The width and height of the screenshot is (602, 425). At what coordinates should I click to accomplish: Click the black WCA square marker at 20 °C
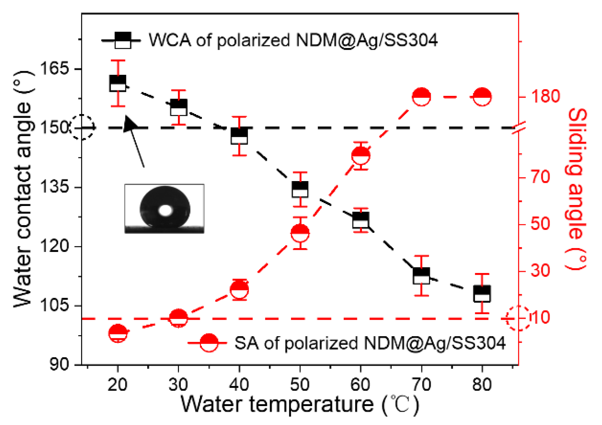pos(118,83)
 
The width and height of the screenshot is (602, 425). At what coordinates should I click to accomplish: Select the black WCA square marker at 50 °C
pos(300,189)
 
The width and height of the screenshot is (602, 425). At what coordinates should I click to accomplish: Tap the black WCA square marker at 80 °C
pos(482,294)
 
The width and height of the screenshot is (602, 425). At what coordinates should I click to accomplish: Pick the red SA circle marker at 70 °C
pos(421,97)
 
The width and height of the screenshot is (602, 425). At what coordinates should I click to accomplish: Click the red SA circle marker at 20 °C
pos(118,333)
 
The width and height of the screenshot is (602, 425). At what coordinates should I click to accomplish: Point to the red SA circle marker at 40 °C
pos(239,290)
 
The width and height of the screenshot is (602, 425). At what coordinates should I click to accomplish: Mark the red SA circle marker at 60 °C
pos(360,155)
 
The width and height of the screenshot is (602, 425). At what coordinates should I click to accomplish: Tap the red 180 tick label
pos(545,96)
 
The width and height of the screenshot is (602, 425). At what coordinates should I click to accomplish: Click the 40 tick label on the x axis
pos(239,385)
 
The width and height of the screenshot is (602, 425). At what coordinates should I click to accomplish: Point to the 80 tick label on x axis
pos(482,385)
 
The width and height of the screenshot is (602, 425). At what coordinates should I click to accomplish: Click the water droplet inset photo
pos(164,208)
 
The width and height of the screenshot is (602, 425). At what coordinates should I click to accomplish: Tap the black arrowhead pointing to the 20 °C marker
pos(130,124)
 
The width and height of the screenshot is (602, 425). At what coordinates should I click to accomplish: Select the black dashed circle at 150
pos(82,127)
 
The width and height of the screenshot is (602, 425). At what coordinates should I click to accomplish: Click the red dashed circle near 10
pos(519,318)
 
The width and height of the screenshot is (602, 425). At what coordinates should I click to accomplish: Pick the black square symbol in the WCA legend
pos(123,40)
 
